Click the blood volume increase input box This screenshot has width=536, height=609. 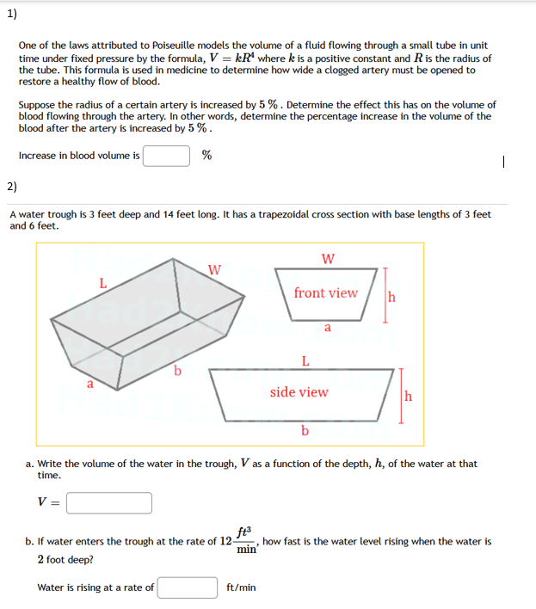pos(166,156)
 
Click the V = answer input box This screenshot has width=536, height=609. pos(109,502)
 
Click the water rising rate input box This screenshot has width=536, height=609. pos(188,587)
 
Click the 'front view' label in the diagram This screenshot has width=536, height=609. pos(325,293)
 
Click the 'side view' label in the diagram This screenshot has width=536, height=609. pos(299,392)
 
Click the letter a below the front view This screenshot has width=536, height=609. pos(327,327)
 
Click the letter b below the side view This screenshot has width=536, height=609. pos(305,431)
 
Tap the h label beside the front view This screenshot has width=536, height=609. pos(392,298)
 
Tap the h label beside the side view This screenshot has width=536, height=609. pos(409,397)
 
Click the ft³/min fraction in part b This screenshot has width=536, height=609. pos(244,541)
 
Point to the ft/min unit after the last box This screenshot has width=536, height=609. pos(241,588)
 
